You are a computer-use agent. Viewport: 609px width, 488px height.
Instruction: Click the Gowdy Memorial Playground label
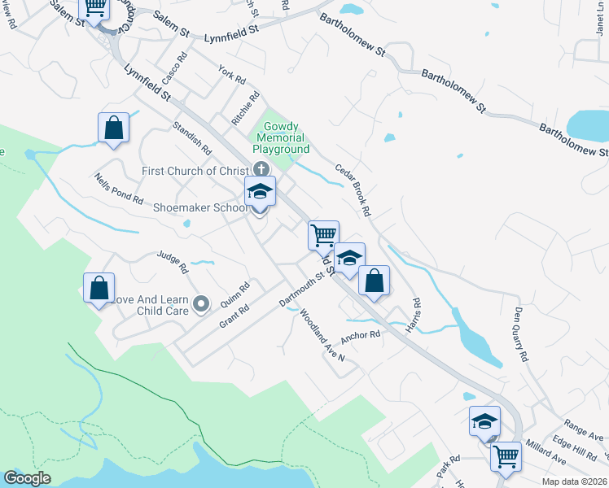point(281,138)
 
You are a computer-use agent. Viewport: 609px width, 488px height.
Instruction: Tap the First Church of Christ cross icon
point(261,170)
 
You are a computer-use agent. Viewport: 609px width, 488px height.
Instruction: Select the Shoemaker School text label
point(201,207)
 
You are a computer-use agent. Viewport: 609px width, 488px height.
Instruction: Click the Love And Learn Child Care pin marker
point(202,304)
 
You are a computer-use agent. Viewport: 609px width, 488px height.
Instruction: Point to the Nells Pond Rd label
point(118,189)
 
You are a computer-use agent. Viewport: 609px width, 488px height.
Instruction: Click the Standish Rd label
point(192,139)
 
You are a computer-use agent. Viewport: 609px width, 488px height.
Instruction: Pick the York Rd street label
point(232,76)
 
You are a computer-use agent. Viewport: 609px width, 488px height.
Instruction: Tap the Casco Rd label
point(174,69)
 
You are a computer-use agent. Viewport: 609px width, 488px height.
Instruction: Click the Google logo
point(27,478)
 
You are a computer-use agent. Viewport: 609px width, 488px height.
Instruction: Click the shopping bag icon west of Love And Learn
point(99,288)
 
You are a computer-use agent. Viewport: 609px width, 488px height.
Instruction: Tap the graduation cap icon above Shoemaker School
point(261,192)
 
